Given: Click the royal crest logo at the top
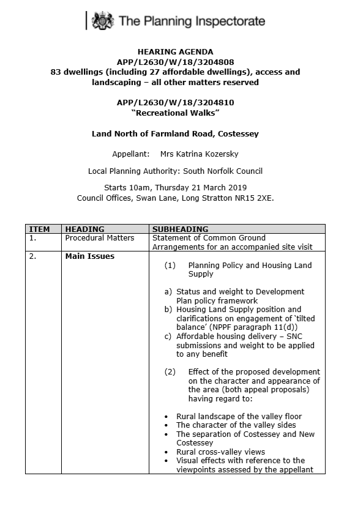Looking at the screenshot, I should (x=102, y=22).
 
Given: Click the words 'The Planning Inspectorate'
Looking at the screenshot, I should (x=192, y=22).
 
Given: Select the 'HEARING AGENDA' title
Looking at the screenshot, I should (x=174, y=52).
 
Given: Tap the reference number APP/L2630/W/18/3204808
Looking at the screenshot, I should (x=175, y=62).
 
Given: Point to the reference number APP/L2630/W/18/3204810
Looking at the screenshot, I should (x=175, y=102).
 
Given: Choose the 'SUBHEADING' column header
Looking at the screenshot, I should (x=180, y=229).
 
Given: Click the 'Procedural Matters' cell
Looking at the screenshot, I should (x=96, y=238).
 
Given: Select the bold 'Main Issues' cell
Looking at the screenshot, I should (x=90, y=256).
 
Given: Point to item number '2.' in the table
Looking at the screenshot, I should (x=32, y=256).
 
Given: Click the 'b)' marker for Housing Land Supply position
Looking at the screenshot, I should (x=168, y=310).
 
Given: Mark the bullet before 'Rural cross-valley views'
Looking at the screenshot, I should (x=167, y=452).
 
